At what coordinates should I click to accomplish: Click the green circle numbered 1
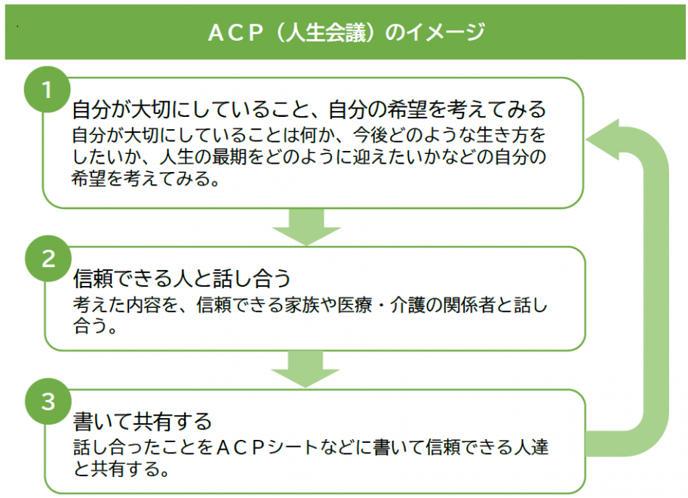[x=46, y=91]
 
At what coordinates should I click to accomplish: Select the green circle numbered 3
[x=48, y=401]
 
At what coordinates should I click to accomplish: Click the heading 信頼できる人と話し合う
[x=182, y=279]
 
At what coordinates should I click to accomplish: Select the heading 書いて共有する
[x=143, y=420]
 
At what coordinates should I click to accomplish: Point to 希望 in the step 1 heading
[x=407, y=110]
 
